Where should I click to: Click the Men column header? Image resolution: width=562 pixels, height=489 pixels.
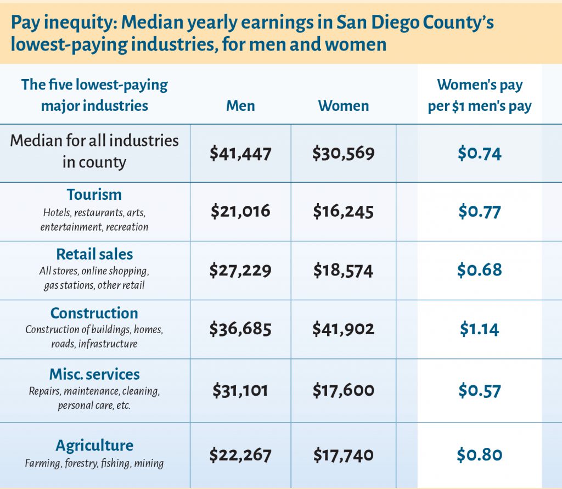[x=240, y=105]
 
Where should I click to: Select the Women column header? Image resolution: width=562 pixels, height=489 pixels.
[x=344, y=105]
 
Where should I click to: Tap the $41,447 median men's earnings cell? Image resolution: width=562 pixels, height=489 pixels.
[x=240, y=153]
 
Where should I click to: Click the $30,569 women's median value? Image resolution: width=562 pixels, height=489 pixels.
[x=344, y=153]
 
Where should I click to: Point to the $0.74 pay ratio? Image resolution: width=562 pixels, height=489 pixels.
[x=480, y=153]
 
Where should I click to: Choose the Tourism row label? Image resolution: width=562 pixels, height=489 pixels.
[x=94, y=195]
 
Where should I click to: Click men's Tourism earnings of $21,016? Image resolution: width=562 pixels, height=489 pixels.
[x=240, y=211]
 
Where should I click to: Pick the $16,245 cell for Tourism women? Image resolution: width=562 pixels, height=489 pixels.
[x=344, y=211]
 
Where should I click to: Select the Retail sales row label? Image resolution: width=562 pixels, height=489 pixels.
[x=94, y=254]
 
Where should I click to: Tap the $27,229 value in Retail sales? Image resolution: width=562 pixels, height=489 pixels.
[x=240, y=270]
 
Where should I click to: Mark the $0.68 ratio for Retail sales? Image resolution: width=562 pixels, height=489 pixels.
[x=480, y=270]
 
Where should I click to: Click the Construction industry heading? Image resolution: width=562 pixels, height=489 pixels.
[x=94, y=313]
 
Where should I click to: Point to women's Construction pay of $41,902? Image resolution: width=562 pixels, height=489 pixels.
[x=344, y=329]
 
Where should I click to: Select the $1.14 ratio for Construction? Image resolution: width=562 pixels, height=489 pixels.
[x=480, y=329]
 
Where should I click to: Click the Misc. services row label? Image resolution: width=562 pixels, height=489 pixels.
[x=94, y=374]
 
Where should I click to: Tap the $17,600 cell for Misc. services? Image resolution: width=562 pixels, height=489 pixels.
[x=344, y=390]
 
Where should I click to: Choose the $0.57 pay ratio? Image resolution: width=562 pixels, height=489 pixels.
[x=480, y=390]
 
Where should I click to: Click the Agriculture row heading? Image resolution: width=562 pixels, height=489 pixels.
[x=94, y=445]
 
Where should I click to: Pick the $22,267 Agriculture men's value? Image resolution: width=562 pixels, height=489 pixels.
[x=240, y=454]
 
